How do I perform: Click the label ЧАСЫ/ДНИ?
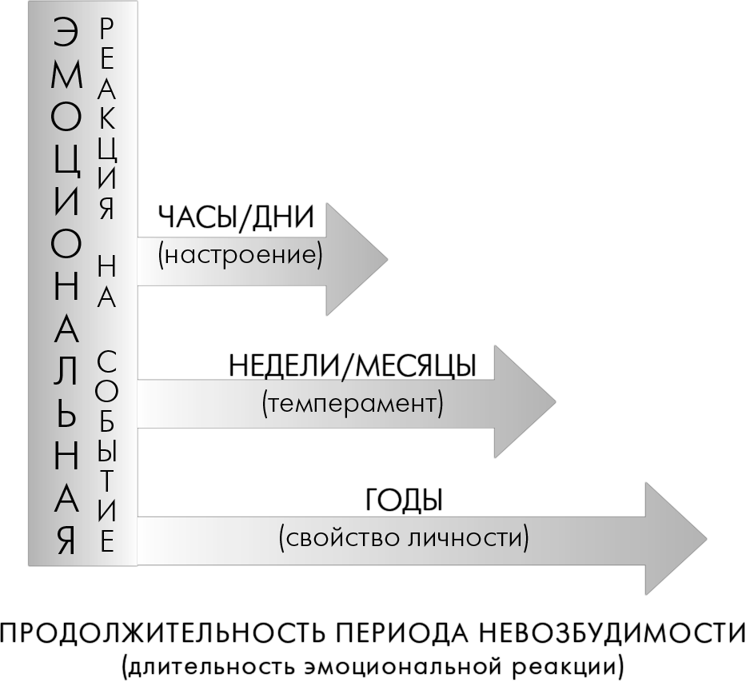236,218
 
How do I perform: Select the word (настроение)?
240,255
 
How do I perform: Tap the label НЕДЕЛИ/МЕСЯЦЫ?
353,366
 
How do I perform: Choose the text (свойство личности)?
404,538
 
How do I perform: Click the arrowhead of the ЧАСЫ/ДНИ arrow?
357,259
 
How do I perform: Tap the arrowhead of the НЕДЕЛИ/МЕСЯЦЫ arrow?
525,402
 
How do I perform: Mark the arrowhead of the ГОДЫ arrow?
676,539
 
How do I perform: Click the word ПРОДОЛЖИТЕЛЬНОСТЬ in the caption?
162,635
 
